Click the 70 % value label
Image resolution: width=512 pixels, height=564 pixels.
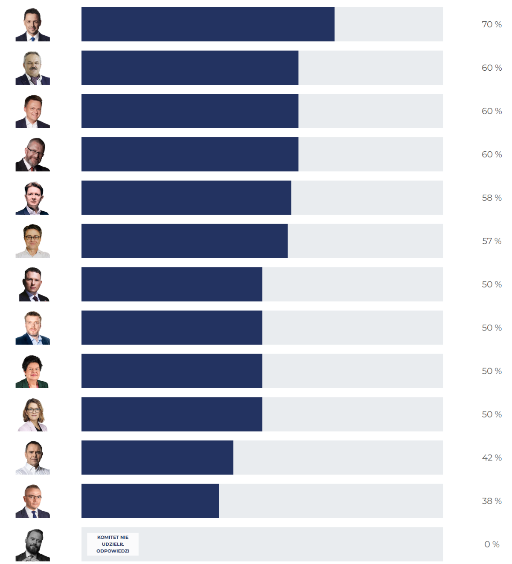coord(492,25)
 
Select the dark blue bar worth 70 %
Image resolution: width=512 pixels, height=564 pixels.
coord(208,24)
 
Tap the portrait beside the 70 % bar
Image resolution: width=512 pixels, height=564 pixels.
coord(32,25)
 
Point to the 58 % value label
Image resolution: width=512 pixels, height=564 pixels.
coord(492,198)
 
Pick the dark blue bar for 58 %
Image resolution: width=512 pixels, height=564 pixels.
coord(186,198)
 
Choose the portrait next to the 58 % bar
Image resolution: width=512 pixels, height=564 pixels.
coord(32,198)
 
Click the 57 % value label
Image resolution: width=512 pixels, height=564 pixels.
coord(492,241)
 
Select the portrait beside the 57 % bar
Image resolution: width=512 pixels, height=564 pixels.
coord(32,241)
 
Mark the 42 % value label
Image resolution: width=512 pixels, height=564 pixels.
coord(492,458)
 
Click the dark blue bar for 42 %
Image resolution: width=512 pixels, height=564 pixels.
coord(157,458)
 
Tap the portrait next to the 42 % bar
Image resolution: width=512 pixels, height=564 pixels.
coord(32,458)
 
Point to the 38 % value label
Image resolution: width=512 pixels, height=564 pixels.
coord(492,501)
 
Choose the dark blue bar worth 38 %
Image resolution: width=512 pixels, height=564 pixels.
coord(150,501)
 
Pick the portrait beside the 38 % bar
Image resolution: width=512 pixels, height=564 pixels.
coord(32,501)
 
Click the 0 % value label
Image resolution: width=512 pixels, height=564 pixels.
coord(492,544)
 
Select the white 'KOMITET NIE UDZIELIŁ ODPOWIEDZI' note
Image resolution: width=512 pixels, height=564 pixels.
coord(113,544)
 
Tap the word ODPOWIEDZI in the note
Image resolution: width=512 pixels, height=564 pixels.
coord(113,551)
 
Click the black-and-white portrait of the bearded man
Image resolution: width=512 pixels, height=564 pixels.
coord(32,545)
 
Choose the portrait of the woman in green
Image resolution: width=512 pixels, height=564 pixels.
coord(32,371)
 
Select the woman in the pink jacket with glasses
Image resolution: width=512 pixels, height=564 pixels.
coord(32,414)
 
